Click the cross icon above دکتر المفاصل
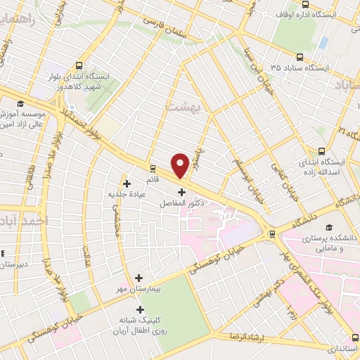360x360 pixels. (181, 191)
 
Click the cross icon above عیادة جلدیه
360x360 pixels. (127, 184)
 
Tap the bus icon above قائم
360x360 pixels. (153, 169)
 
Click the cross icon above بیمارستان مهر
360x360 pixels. (139, 278)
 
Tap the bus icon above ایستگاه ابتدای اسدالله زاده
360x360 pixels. (322, 151)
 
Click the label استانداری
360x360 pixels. (342, 349)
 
